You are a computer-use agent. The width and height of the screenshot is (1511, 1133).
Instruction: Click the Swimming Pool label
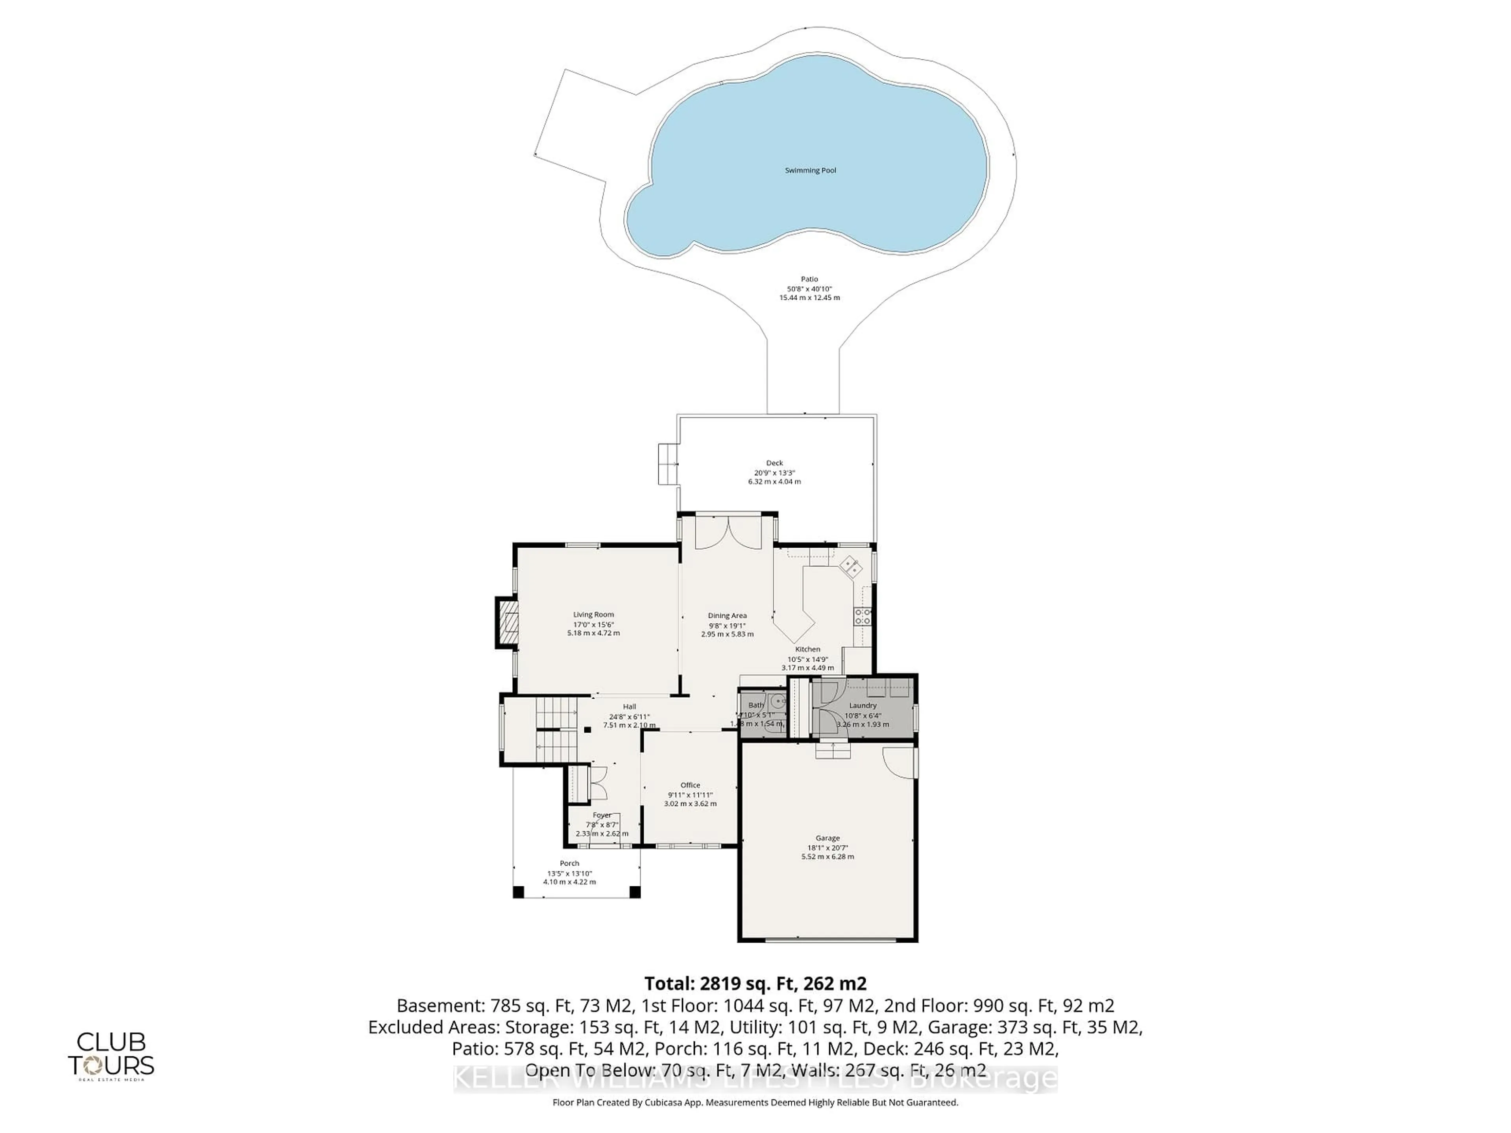810,170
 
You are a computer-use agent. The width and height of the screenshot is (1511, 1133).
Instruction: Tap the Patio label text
809,279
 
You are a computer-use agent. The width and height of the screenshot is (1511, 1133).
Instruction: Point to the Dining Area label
727,615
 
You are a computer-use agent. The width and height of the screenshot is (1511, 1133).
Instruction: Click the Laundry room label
863,705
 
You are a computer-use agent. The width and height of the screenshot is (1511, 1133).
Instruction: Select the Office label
690,785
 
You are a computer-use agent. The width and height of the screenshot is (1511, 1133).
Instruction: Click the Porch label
569,863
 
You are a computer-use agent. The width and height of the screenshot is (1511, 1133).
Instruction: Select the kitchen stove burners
863,617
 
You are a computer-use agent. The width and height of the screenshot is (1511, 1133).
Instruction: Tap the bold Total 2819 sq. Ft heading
755,984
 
